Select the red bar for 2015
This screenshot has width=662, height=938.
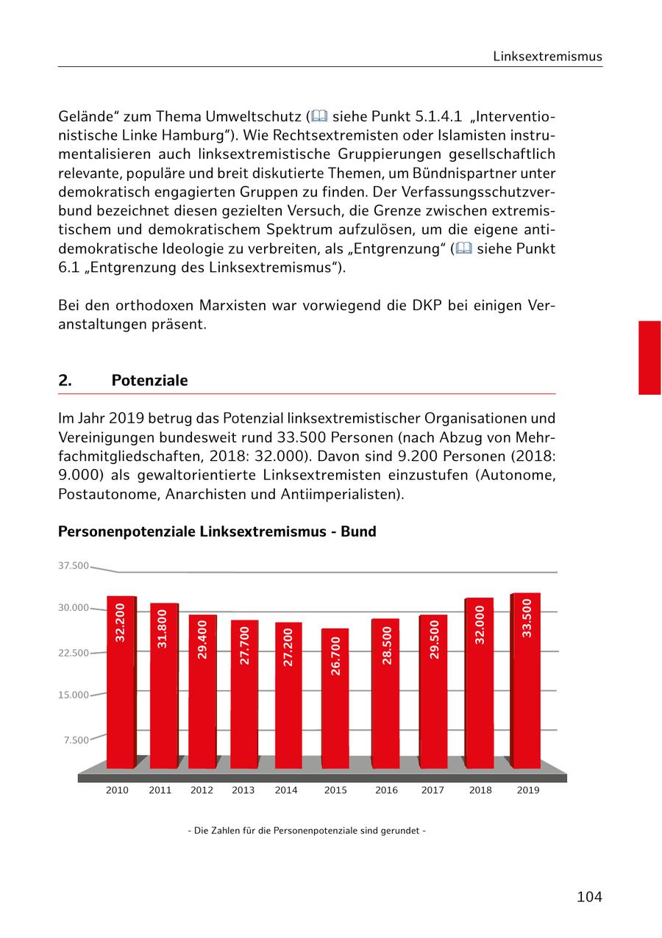[335, 698]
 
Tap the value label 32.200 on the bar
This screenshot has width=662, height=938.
[121, 622]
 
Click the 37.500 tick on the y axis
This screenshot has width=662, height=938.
[73, 566]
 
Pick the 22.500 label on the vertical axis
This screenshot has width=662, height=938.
[73, 653]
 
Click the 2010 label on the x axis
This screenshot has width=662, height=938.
[117, 790]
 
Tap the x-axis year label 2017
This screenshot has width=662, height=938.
[433, 790]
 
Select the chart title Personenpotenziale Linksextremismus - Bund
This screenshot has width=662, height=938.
[217, 531]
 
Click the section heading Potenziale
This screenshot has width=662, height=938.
[149, 380]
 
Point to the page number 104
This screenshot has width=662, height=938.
[589, 897]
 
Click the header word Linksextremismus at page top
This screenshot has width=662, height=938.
[547, 57]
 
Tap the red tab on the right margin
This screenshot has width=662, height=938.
[649, 358]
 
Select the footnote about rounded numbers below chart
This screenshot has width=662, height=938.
[307, 831]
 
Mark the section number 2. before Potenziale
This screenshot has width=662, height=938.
[65, 380]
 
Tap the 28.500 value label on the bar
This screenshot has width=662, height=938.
[387, 645]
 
